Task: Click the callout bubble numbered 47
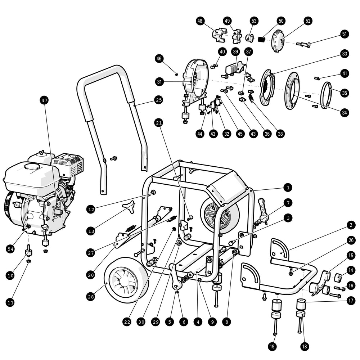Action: click(44, 101)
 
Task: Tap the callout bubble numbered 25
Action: click(159, 100)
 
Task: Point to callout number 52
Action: click(308, 21)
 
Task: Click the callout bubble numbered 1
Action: click(287, 187)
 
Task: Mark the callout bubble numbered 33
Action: click(345, 54)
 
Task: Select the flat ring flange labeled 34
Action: click(292, 91)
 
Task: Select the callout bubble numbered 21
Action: click(159, 122)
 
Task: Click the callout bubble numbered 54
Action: click(11, 248)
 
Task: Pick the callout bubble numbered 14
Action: click(350, 270)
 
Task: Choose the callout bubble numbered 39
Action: click(235, 51)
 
